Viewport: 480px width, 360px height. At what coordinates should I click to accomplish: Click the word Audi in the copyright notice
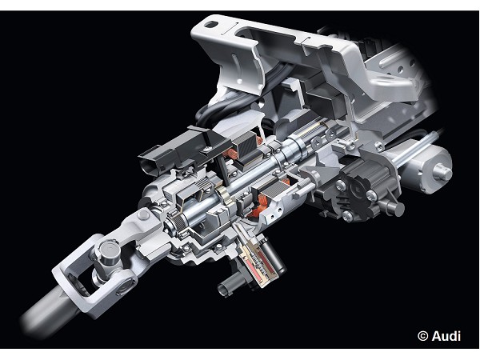pos(446,336)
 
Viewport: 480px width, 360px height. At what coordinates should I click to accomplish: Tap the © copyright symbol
pos(422,336)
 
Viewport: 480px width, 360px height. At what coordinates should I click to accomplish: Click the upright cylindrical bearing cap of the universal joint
pos(110,252)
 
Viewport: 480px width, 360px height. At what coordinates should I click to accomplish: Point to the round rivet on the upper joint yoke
pos(143,214)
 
